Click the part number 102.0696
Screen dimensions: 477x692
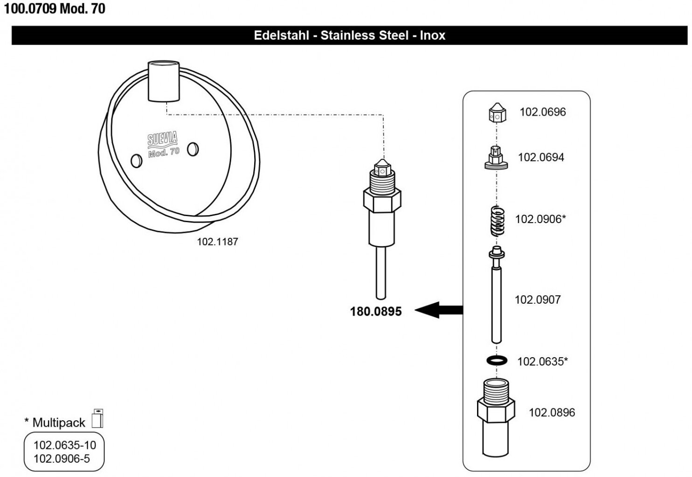coord(542,112)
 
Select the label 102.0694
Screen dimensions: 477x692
coord(541,157)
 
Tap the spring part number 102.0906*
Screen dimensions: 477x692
coord(540,219)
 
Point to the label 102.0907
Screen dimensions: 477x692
coord(537,300)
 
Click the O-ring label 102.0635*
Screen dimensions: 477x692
coord(542,361)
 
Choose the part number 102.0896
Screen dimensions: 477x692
coord(552,412)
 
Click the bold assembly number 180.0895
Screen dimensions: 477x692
coord(375,312)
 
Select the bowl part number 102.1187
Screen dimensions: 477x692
coord(217,242)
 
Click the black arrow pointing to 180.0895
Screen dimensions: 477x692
coord(438,310)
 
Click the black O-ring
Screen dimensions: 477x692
coord(497,360)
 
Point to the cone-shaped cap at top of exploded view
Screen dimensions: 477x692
coord(497,112)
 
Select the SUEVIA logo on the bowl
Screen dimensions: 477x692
coord(162,138)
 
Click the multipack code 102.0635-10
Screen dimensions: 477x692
coord(64,445)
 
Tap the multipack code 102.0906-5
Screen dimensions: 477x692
coord(62,458)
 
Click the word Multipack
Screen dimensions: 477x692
coord(59,422)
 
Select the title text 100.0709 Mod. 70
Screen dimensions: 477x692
coord(55,9)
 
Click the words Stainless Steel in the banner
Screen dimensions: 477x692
coord(364,35)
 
